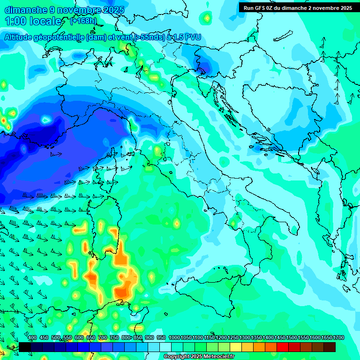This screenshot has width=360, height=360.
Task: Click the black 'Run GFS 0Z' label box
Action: pos(298,8)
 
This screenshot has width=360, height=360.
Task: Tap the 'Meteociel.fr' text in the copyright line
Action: pos(216,357)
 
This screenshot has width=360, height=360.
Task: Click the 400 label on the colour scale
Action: pos(32,338)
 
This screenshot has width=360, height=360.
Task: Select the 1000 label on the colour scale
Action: pos(174,338)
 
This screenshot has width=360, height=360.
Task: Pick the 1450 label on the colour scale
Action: pos(280,338)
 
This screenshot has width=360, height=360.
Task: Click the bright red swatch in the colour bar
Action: pos(283,347)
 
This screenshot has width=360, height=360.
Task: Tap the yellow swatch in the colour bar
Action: pos(236,347)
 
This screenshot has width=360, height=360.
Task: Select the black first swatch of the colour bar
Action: pos(25,347)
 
